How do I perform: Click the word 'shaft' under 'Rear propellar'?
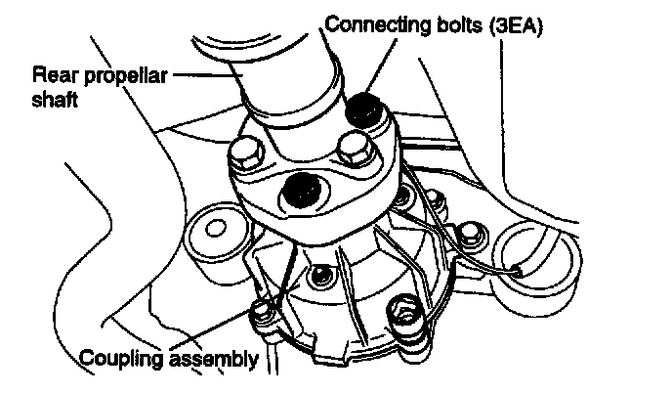[x=54, y=98]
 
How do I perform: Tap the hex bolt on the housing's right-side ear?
[x=469, y=233]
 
